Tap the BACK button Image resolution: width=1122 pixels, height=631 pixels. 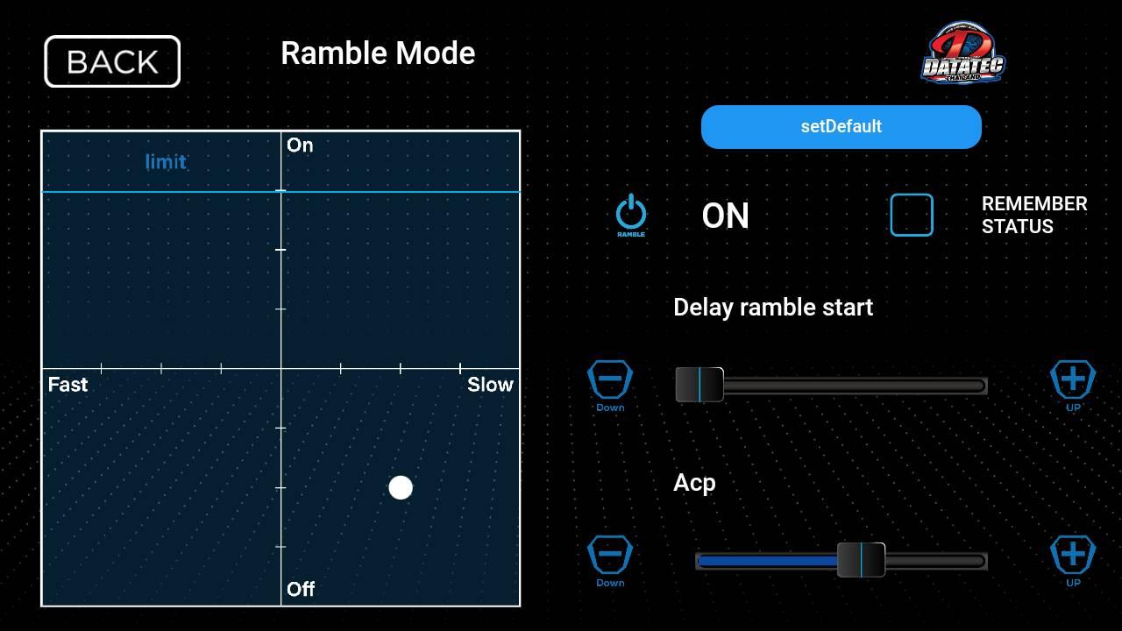click(x=112, y=61)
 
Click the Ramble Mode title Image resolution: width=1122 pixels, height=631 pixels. click(x=378, y=53)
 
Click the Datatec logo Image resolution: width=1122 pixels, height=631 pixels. click(x=962, y=53)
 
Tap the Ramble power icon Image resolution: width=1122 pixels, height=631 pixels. click(x=630, y=216)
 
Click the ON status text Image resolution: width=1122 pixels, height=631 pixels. click(x=725, y=216)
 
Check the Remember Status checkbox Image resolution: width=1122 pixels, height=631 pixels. click(x=912, y=215)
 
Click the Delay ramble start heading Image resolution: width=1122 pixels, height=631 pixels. click(x=773, y=308)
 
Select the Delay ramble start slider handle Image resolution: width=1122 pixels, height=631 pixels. click(x=699, y=385)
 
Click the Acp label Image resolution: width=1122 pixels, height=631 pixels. click(x=694, y=483)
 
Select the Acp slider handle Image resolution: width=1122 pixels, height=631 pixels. click(x=861, y=560)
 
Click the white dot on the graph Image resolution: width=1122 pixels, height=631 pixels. click(x=401, y=488)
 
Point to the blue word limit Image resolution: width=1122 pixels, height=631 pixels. click(x=166, y=162)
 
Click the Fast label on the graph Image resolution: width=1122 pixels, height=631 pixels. click(x=67, y=385)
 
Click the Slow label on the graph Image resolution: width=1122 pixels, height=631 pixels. click(x=490, y=385)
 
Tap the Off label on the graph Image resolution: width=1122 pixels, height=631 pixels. click(x=301, y=590)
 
